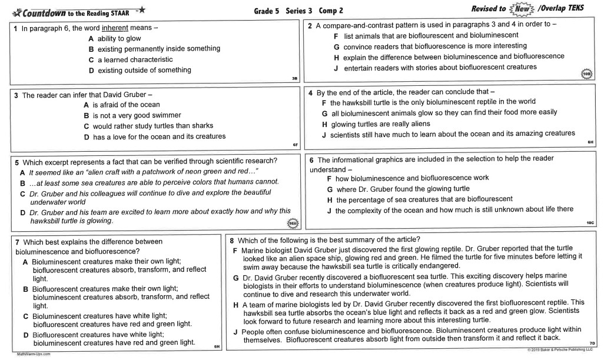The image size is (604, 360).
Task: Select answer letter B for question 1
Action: click(91, 49)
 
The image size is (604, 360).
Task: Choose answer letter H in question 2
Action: click(337, 57)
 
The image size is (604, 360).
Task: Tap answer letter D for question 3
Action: click(87, 136)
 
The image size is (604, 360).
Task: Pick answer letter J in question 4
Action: click(324, 134)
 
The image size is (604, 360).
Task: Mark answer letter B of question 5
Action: click(22, 183)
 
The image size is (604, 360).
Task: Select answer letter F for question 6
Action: click(330, 178)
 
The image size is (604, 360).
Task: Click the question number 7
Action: click(17, 242)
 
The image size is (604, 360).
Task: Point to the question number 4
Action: click(311, 93)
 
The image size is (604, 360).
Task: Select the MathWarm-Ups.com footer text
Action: click(34, 354)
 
